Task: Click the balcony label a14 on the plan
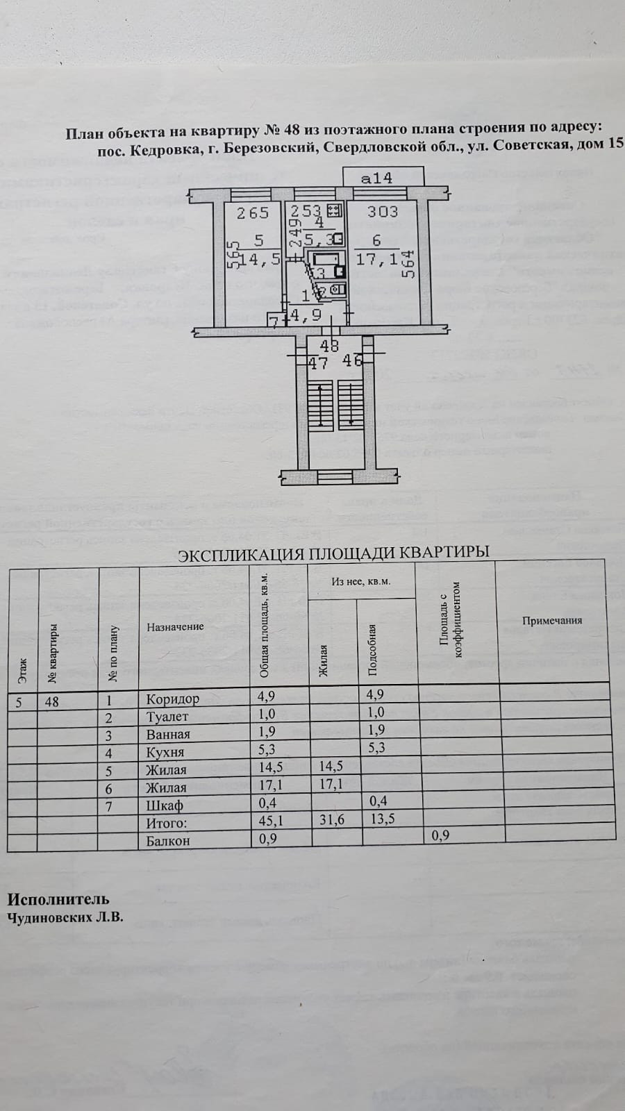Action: (376, 178)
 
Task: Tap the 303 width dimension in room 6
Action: (383, 211)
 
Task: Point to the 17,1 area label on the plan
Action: (376, 259)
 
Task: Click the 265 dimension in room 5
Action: (252, 213)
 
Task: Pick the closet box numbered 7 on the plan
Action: (275, 321)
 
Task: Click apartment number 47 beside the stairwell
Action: (317, 362)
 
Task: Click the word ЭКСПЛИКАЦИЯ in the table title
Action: (240, 553)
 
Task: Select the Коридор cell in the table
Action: (172, 699)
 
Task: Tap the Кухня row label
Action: (165, 752)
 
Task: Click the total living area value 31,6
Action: (331, 820)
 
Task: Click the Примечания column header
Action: (552, 620)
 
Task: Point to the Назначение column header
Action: (175, 626)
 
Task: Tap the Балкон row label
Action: (168, 840)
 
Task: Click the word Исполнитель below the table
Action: (58, 900)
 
